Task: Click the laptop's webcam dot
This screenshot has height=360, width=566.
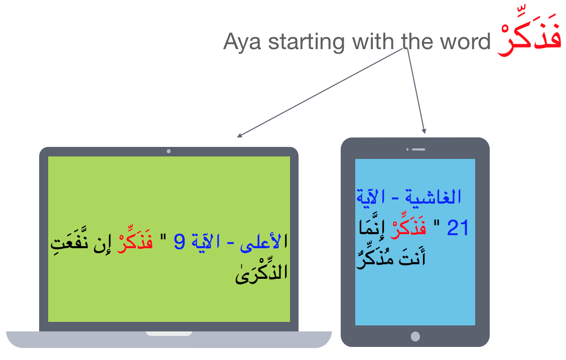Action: [169, 151]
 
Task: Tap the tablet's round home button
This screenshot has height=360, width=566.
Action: [415, 336]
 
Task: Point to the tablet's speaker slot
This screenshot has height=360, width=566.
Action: [418, 149]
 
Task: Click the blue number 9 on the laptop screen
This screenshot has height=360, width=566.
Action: [180, 242]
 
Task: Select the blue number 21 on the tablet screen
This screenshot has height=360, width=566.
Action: [457, 228]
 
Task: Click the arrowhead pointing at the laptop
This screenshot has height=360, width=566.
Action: [239, 135]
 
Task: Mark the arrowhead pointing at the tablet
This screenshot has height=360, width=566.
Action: [424, 131]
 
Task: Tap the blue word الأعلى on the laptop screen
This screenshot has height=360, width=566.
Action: [264, 242]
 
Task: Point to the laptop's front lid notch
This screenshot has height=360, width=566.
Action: [169, 333]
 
